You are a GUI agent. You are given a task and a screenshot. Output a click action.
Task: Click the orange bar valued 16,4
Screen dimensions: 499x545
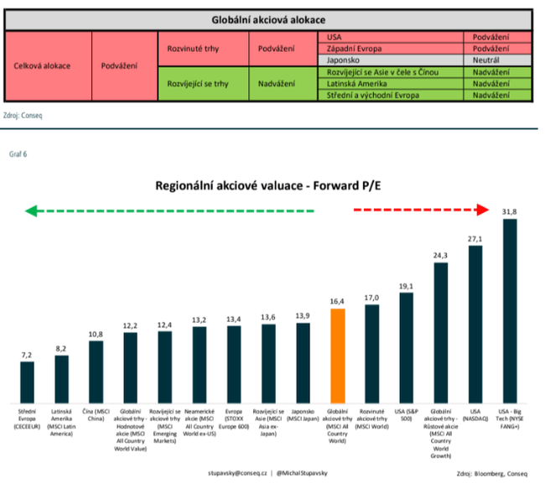(337, 356)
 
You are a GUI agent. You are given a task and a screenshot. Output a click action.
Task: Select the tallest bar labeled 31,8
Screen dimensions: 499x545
(509, 310)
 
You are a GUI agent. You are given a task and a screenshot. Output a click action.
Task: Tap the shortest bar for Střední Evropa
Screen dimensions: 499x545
(28, 382)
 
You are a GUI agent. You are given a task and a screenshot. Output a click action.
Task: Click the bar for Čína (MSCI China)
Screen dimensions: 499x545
(96, 371)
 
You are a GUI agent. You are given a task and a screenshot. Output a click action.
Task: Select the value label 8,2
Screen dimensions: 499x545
(62, 347)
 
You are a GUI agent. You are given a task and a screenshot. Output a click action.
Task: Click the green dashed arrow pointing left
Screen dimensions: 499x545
(168, 211)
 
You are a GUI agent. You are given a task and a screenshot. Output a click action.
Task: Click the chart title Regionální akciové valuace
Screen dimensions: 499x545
(270, 186)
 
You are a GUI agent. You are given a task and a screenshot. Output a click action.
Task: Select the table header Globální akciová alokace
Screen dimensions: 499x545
(268, 19)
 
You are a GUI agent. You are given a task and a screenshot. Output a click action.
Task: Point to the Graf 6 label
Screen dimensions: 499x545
(18, 154)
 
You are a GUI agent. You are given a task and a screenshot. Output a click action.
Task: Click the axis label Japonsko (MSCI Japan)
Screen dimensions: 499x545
(303, 416)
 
